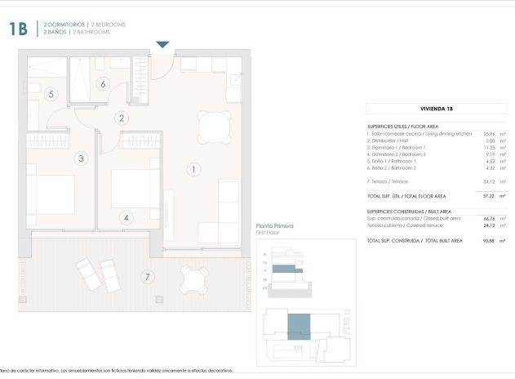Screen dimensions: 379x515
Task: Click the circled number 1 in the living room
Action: point(193,170)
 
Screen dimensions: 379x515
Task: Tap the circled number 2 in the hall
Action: point(122,118)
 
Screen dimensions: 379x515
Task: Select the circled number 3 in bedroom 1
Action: point(81,158)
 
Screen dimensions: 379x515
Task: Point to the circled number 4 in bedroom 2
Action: point(126,218)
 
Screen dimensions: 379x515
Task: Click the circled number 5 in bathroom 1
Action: point(51,95)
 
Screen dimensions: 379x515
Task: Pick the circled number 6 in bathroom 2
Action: point(103,83)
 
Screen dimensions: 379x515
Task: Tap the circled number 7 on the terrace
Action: point(147,276)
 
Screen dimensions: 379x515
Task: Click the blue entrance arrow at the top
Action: point(162,44)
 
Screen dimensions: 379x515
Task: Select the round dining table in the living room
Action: point(215,126)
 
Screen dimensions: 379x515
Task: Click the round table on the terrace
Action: point(194,280)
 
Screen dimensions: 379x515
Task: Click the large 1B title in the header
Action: point(18,30)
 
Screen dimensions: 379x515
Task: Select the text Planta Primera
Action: point(274,225)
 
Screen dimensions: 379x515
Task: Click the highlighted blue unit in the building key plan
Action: point(300,325)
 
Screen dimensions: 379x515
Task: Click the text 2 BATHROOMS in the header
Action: point(92,32)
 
